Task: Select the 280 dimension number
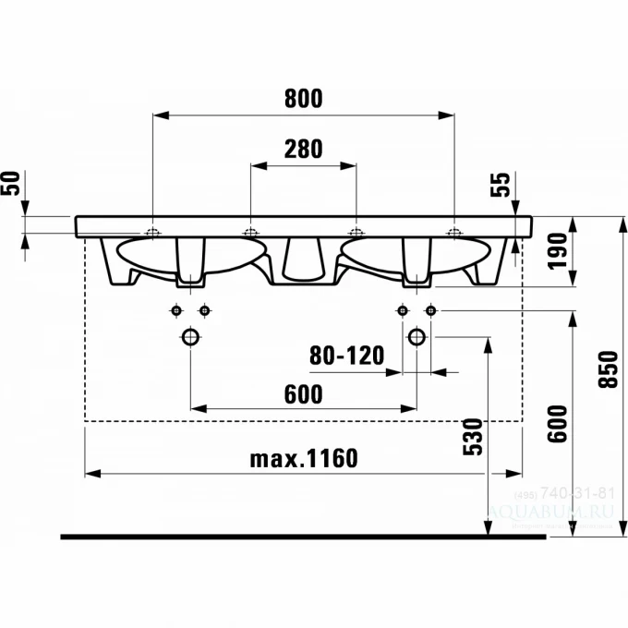[x=303, y=149]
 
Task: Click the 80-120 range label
[x=346, y=356]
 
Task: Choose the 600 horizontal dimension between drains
[x=303, y=394]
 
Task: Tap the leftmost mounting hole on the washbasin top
[x=152, y=231]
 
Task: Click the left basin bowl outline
[x=148, y=255]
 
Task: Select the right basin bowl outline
[x=462, y=255]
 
